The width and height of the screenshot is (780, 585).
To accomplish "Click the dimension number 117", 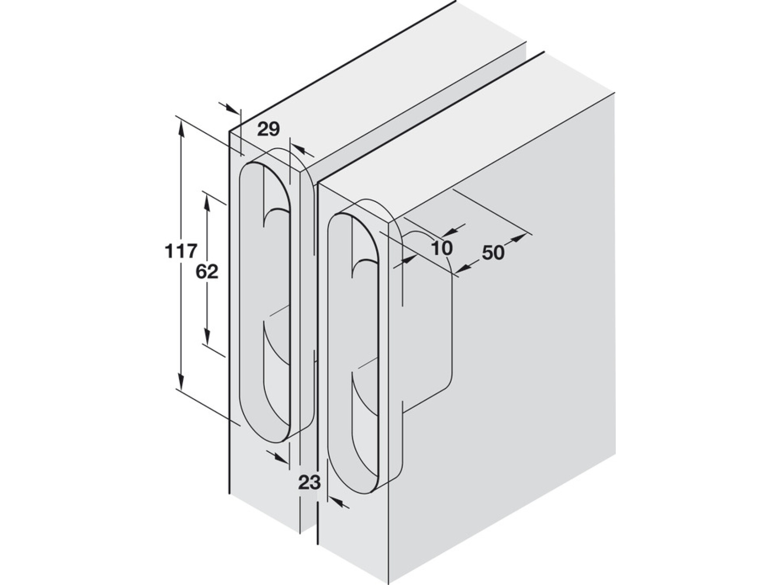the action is pyautogui.click(x=181, y=251).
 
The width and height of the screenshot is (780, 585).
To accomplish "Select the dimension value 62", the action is pyautogui.click(x=207, y=272).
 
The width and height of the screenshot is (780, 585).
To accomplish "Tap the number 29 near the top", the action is pyautogui.click(x=269, y=129).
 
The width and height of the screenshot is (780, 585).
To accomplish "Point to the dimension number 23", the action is pyautogui.click(x=309, y=482).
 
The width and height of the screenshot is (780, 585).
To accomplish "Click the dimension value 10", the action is pyautogui.click(x=442, y=248).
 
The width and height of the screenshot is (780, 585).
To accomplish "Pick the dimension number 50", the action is pyautogui.click(x=493, y=252).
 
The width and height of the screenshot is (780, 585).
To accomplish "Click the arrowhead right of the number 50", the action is pyautogui.click(x=517, y=239).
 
